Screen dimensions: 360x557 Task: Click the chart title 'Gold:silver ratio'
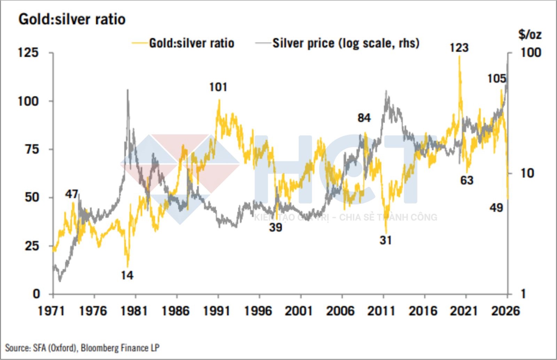click(x=72, y=19)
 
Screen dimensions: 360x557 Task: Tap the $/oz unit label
click(x=529, y=34)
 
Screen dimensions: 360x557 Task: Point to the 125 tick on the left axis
click(x=28, y=53)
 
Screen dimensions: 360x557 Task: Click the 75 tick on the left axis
click(x=32, y=149)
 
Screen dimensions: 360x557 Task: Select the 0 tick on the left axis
click(x=36, y=294)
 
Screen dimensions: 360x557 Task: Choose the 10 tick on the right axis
click(x=527, y=173)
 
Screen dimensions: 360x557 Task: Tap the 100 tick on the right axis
click(x=531, y=53)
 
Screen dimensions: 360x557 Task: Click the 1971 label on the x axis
click(x=51, y=311)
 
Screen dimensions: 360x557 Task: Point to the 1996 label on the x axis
click(x=258, y=311)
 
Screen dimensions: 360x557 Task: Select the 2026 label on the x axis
click(x=505, y=311)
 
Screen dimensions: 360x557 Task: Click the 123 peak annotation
click(x=459, y=48)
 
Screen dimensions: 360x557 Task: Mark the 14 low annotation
click(x=127, y=275)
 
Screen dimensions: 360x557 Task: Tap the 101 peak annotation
click(x=218, y=87)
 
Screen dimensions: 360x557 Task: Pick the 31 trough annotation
click(x=385, y=240)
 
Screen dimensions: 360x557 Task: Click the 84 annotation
click(x=364, y=118)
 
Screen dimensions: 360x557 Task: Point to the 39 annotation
click(x=275, y=227)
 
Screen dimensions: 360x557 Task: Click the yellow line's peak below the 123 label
click(x=460, y=56)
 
